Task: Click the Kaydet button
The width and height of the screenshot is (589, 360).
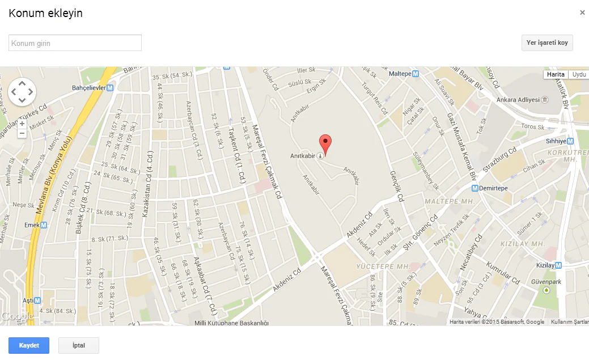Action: [x=29, y=345]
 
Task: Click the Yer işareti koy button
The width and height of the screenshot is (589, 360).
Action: [x=547, y=43]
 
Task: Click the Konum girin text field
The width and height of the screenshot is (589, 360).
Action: [x=75, y=43]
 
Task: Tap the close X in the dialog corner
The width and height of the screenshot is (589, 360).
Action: [x=582, y=12]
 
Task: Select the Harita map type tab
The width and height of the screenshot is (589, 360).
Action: [x=556, y=74]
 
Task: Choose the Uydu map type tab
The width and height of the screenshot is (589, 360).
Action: [x=579, y=74]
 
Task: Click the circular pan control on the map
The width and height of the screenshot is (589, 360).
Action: [x=22, y=91]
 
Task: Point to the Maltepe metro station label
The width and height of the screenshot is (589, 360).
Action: [x=404, y=74]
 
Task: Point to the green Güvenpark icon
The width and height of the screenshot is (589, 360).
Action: [x=546, y=290]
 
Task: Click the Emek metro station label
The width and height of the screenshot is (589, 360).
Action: [x=32, y=225]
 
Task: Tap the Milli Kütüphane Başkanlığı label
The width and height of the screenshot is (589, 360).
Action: [x=231, y=323]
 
